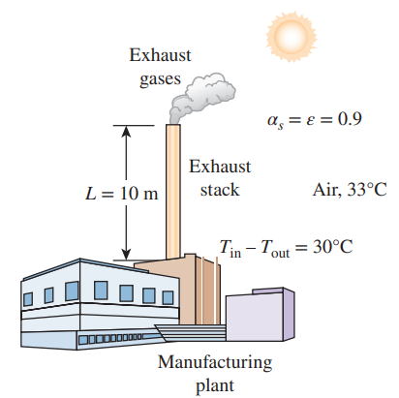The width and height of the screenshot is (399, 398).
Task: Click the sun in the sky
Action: [292, 36]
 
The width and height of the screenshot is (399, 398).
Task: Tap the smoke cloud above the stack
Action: [202, 97]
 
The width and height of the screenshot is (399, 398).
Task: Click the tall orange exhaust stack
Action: [173, 191]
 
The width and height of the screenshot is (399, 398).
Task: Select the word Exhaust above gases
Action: [160, 55]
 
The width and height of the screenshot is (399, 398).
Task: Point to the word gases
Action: [160, 79]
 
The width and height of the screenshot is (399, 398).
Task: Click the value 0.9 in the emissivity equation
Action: [350, 119]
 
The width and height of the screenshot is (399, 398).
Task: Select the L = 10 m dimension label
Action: [122, 194]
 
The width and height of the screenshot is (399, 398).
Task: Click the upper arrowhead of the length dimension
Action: [126, 131]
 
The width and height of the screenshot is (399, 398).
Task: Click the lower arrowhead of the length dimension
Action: [126, 254]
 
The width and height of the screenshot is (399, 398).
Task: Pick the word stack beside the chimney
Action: [220, 190]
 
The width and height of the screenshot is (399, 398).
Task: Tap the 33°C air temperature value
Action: [367, 189]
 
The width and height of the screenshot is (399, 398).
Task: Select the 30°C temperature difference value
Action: [333, 247]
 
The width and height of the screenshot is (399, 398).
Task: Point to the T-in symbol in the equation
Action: [230, 249]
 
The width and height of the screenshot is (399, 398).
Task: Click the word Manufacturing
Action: [215, 362]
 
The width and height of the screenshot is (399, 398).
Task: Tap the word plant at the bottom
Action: [215, 386]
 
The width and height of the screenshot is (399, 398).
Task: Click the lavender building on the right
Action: [260, 315]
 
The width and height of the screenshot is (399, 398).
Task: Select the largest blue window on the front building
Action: [101, 291]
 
